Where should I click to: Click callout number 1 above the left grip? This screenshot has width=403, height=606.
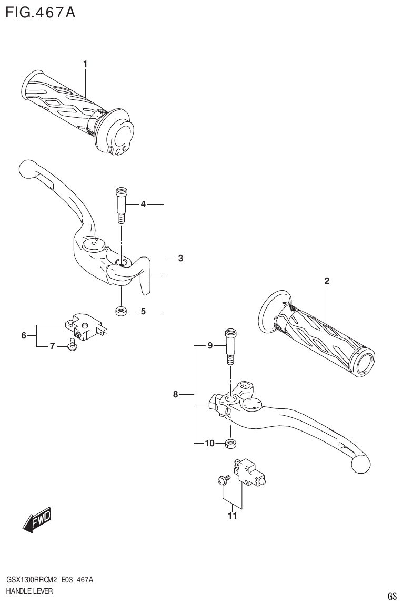[x=85, y=64]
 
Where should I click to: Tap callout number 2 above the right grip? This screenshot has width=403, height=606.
[x=327, y=281]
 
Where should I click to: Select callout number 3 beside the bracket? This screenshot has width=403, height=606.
[x=180, y=258]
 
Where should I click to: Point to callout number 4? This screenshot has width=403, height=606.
[x=143, y=204]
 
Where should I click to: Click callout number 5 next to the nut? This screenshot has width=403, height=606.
[x=143, y=312]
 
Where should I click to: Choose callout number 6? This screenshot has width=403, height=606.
[x=24, y=335]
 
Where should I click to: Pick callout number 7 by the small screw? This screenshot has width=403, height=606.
[x=52, y=346]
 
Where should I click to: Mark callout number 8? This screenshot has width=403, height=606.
[x=176, y=394]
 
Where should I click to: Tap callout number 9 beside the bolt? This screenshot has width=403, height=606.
[x=210, y=345]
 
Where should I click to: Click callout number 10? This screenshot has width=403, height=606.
[x=209, y=444]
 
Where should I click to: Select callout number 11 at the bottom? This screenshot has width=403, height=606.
[x=232, y=516]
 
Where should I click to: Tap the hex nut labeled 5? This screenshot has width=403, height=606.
[x=120, y=312]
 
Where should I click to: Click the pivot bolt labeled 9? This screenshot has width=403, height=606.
[x=230, y=345]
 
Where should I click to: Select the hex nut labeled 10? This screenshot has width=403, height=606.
[x=230, y=443]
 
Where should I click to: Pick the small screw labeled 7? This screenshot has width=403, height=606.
[x=73, y=345]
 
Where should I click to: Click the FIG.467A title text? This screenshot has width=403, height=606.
[x=40, y=12]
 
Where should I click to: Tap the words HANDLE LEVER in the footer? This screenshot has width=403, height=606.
[x=29, y=591]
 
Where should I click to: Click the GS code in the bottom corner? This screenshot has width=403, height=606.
[x=392, y=596]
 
